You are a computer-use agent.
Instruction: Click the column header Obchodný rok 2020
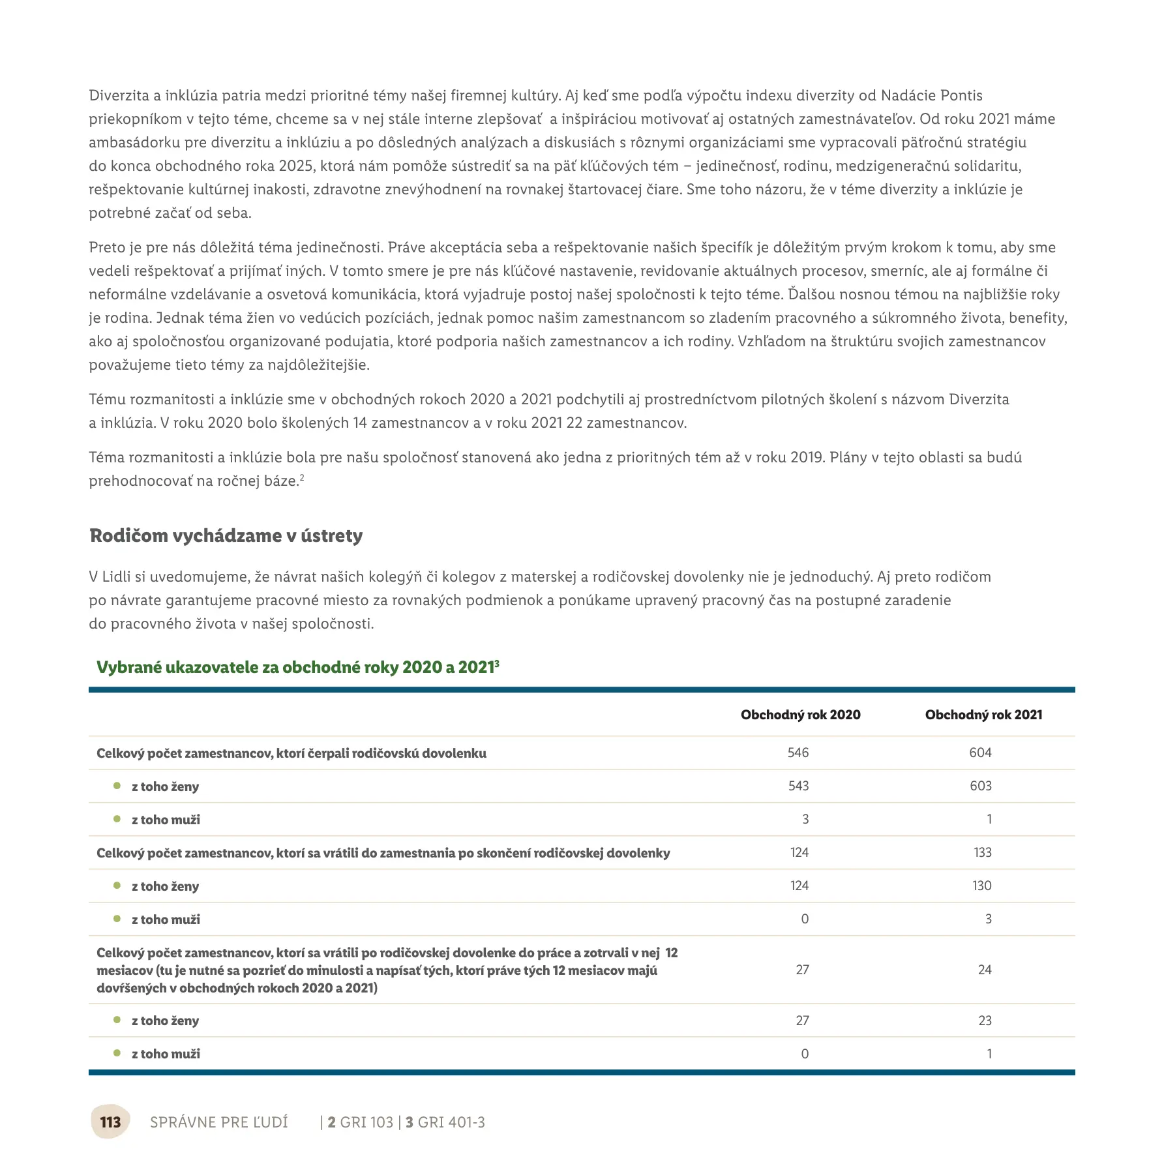(x=800, y=715)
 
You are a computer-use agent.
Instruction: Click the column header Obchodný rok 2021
(x=983, y=715)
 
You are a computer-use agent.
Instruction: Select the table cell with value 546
(x=798, y=753)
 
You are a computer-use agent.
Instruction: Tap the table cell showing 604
(x=980, y=753)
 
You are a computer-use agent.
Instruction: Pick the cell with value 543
(x=798, y=786)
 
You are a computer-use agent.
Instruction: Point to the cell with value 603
(x=980, y=786)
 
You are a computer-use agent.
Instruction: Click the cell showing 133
(x=982, y=852)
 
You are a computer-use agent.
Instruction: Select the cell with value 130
(x=981, y=886)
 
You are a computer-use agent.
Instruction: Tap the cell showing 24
(x=985, y=970)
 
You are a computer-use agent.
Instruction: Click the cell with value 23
(x=985, y=1021)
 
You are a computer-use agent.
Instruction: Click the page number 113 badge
(x=110, y=1122)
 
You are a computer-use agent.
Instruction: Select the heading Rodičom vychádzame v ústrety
(x=226, y=535)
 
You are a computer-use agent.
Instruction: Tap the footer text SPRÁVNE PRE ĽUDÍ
(x=218, y=1122)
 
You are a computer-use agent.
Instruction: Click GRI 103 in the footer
(x=366, y=1122)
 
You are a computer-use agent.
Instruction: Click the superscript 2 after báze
(x=302, y=477)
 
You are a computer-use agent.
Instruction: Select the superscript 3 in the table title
(x=497, y=663)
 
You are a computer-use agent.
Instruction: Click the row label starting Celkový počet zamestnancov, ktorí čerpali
(x=291, y=753)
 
